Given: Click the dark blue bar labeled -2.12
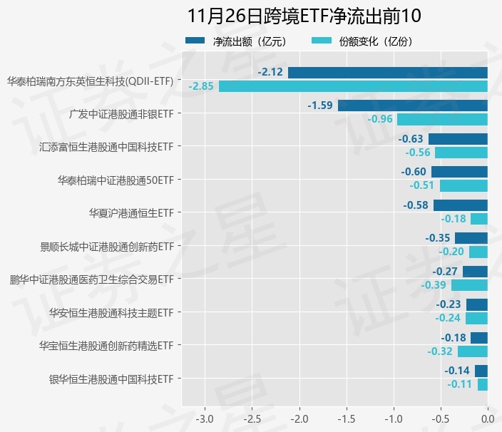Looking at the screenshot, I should pyautogui.click(x=388, y=72).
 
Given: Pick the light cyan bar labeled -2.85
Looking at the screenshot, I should pyautogui.click(x=353, y=86).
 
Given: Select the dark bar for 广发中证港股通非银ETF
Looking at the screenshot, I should pyautogui.click(x=413, y=106).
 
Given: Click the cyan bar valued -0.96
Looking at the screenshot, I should pyautogui.click(x=442, y=119).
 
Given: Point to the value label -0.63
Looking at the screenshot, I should pyautogui.click(x=411, y=139).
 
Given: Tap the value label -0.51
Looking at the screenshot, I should pyautogui.click(x=422, y=185).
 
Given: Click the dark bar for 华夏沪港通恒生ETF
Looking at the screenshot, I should pyautogui.click(x=461, y=205).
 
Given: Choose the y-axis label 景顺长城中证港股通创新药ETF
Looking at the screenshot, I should pyautogui.click(x=107, y=247).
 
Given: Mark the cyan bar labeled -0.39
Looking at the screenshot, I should pyautogui.click(x=469, y=285).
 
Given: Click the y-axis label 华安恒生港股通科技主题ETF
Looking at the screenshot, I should pyautogui.click(x=111, y=312).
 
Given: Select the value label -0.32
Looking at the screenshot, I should pyautogui.click(x=440, y=351).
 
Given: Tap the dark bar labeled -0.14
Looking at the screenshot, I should pyautogui.click(x=481, y=371).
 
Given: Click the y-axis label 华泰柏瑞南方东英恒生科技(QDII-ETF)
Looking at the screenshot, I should pyautogui.click(x=91, y=81).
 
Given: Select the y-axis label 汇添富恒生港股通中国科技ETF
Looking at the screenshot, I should pyautogui.click(x=107, y=147).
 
